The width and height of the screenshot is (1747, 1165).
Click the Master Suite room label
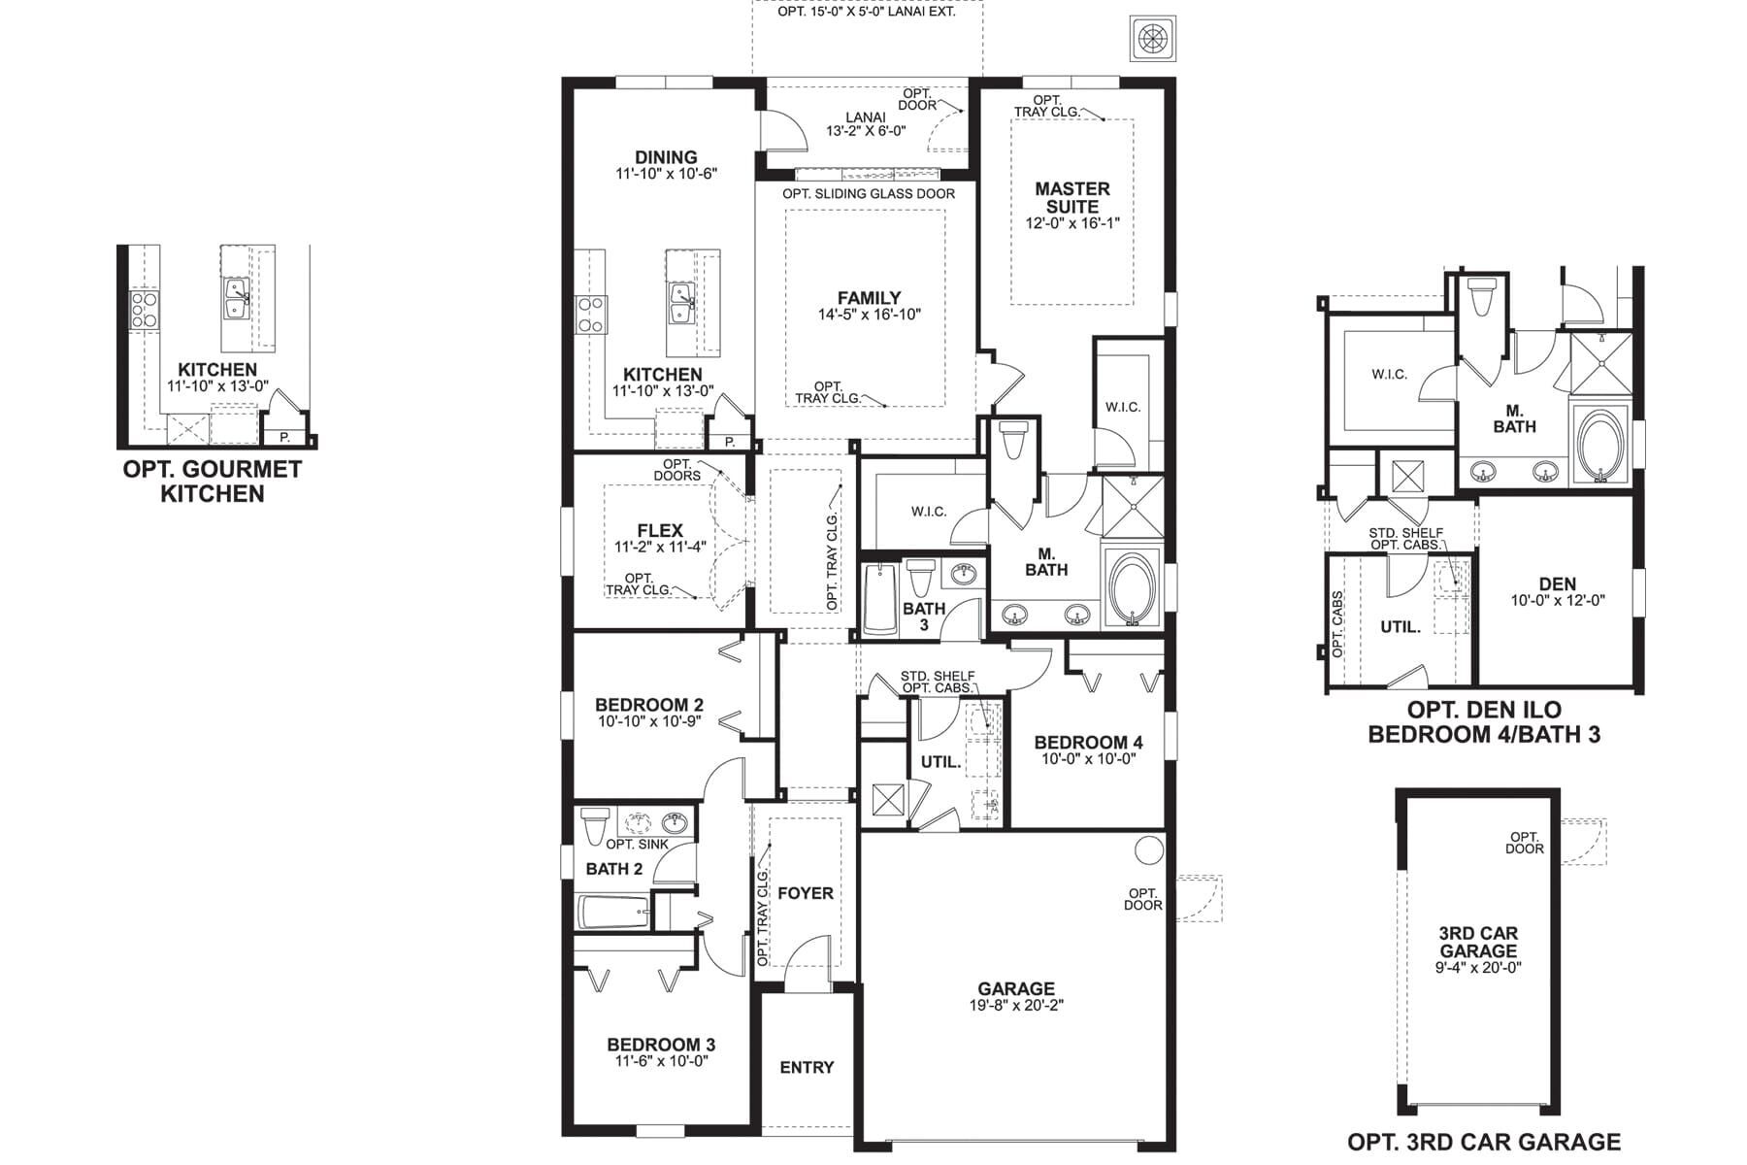[1071, 198]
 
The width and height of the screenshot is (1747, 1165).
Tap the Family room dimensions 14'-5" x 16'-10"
[869, 315]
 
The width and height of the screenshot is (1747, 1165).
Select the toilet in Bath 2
[594, 826]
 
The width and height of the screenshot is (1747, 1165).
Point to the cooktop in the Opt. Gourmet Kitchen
[145, 310]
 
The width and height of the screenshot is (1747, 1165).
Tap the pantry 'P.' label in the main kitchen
[729, 442]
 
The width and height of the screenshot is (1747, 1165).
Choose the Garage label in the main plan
[1016, 989]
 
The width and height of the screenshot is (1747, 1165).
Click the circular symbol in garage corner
[1149, 850]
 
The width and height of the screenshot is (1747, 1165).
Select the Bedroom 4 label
[1088, 743]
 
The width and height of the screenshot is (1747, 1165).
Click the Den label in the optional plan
[1557, 583]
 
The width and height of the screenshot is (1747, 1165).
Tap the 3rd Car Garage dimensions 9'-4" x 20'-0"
[1478, 968]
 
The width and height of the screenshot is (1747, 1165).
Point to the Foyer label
[806, 893]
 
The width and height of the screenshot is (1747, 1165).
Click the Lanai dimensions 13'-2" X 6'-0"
[865, 131]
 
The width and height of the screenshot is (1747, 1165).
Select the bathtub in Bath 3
[881, 599]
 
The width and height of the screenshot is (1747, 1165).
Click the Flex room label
[660, 531]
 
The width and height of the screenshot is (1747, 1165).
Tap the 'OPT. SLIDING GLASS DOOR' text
[869, 194]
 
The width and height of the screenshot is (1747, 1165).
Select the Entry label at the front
[807, 1068]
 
